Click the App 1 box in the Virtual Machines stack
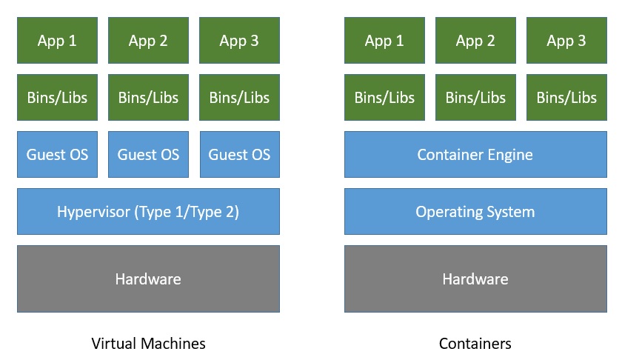click(x=57, y=41)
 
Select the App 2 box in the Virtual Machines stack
click(x=148, y=41)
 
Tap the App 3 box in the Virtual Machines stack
click(x=239, y=41)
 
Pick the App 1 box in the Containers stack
click(x=384, y=41)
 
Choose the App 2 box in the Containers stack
click(x=475, y=41)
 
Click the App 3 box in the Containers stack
click(x=566, y=41)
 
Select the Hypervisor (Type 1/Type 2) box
click(x=148, y=212)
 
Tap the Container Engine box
click(x=475, y=155)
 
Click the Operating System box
click(x=475, y=212)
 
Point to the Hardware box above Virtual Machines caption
click(x=148, y=279)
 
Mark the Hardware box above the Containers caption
click(x=475, y=279)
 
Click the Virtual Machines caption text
click(x=148, y=344)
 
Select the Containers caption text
click(x=475, y=344)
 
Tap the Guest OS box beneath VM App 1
click(x=57, y=155)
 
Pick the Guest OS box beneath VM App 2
click(x=148, y=155)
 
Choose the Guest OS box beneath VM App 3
click(x=239, y=155)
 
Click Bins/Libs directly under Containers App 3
click(x=566, y=97)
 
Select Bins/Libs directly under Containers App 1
click(x=384, y=97)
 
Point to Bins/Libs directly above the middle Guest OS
click(x=148, y=97)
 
